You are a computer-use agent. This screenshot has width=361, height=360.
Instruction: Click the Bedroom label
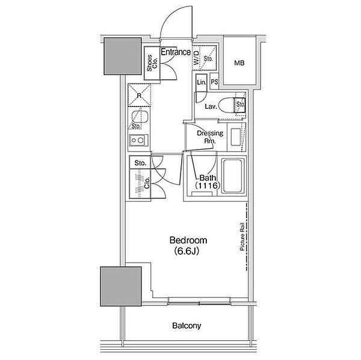pyautogui.click(x=188, y=240)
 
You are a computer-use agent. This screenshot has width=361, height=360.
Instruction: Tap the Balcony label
pyautogui.click(x=187, y=326)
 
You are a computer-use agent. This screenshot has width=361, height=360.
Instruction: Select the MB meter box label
pyautogui.click(x=239, y=63)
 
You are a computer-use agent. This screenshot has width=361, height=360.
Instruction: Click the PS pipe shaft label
pyautogui.click(x=214, y=82)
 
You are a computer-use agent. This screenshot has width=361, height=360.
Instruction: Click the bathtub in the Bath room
pyautogui.click(x=232, y=175)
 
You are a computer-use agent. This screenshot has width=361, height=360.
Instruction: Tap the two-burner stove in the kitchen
pyautogui.click(x=138, y=140)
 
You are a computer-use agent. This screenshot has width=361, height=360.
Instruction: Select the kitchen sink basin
pyautogui.click(x=140, y=118)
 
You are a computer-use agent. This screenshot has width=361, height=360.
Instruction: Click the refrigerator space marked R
pyautogui.click(x=140, y=95)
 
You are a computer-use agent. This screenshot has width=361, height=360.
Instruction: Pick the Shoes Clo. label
pyautogui.click(x=152, y=63)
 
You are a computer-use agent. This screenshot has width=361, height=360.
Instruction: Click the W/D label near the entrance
pyautogui.click(x=196, y=58)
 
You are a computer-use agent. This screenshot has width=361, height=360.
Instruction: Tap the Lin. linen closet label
pyautogui.click(x=202, y=82)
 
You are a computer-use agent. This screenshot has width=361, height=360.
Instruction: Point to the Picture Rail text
pyautogui.click(x=242, y=236)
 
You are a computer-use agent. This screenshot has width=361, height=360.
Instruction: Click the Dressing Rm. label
pyautogui.click(x=210, y=136)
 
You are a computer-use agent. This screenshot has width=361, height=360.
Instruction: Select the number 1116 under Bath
pyautogui.click(x=206, y=185)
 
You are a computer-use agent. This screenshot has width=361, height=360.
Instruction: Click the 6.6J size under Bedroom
pyautogui.click(x=187, y=251)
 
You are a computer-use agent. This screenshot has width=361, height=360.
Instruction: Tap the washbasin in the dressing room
pyautogui.click(x=236, y=137)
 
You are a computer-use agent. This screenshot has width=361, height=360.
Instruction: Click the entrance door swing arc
pyautogui.click(x=176, y=22)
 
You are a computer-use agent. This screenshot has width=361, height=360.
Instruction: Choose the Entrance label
pyautogui.click(x=176, y=52)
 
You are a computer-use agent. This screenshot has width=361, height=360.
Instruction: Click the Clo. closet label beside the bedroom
pyautogui.click(x=147, y=183)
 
